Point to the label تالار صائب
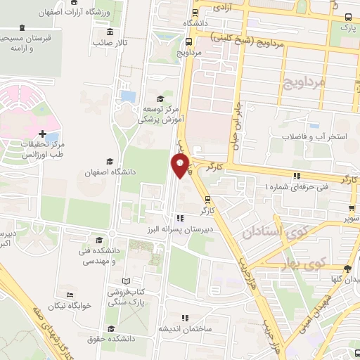[x=111, y=43]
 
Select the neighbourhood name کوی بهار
[x=328, y=262]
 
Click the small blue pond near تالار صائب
[x=128, y=95]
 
